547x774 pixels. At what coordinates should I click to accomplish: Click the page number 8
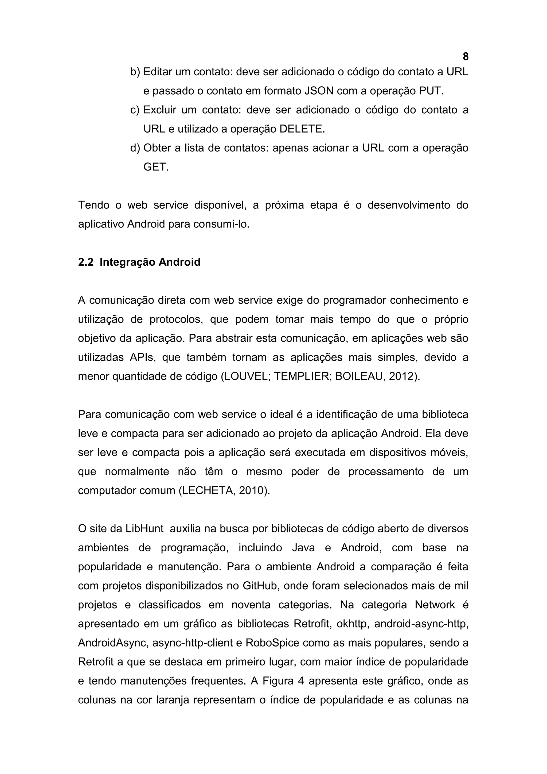point(466,57)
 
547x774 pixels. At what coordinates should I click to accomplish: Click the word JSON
point(318,91)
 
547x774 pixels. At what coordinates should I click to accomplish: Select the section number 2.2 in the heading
point(85,262)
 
